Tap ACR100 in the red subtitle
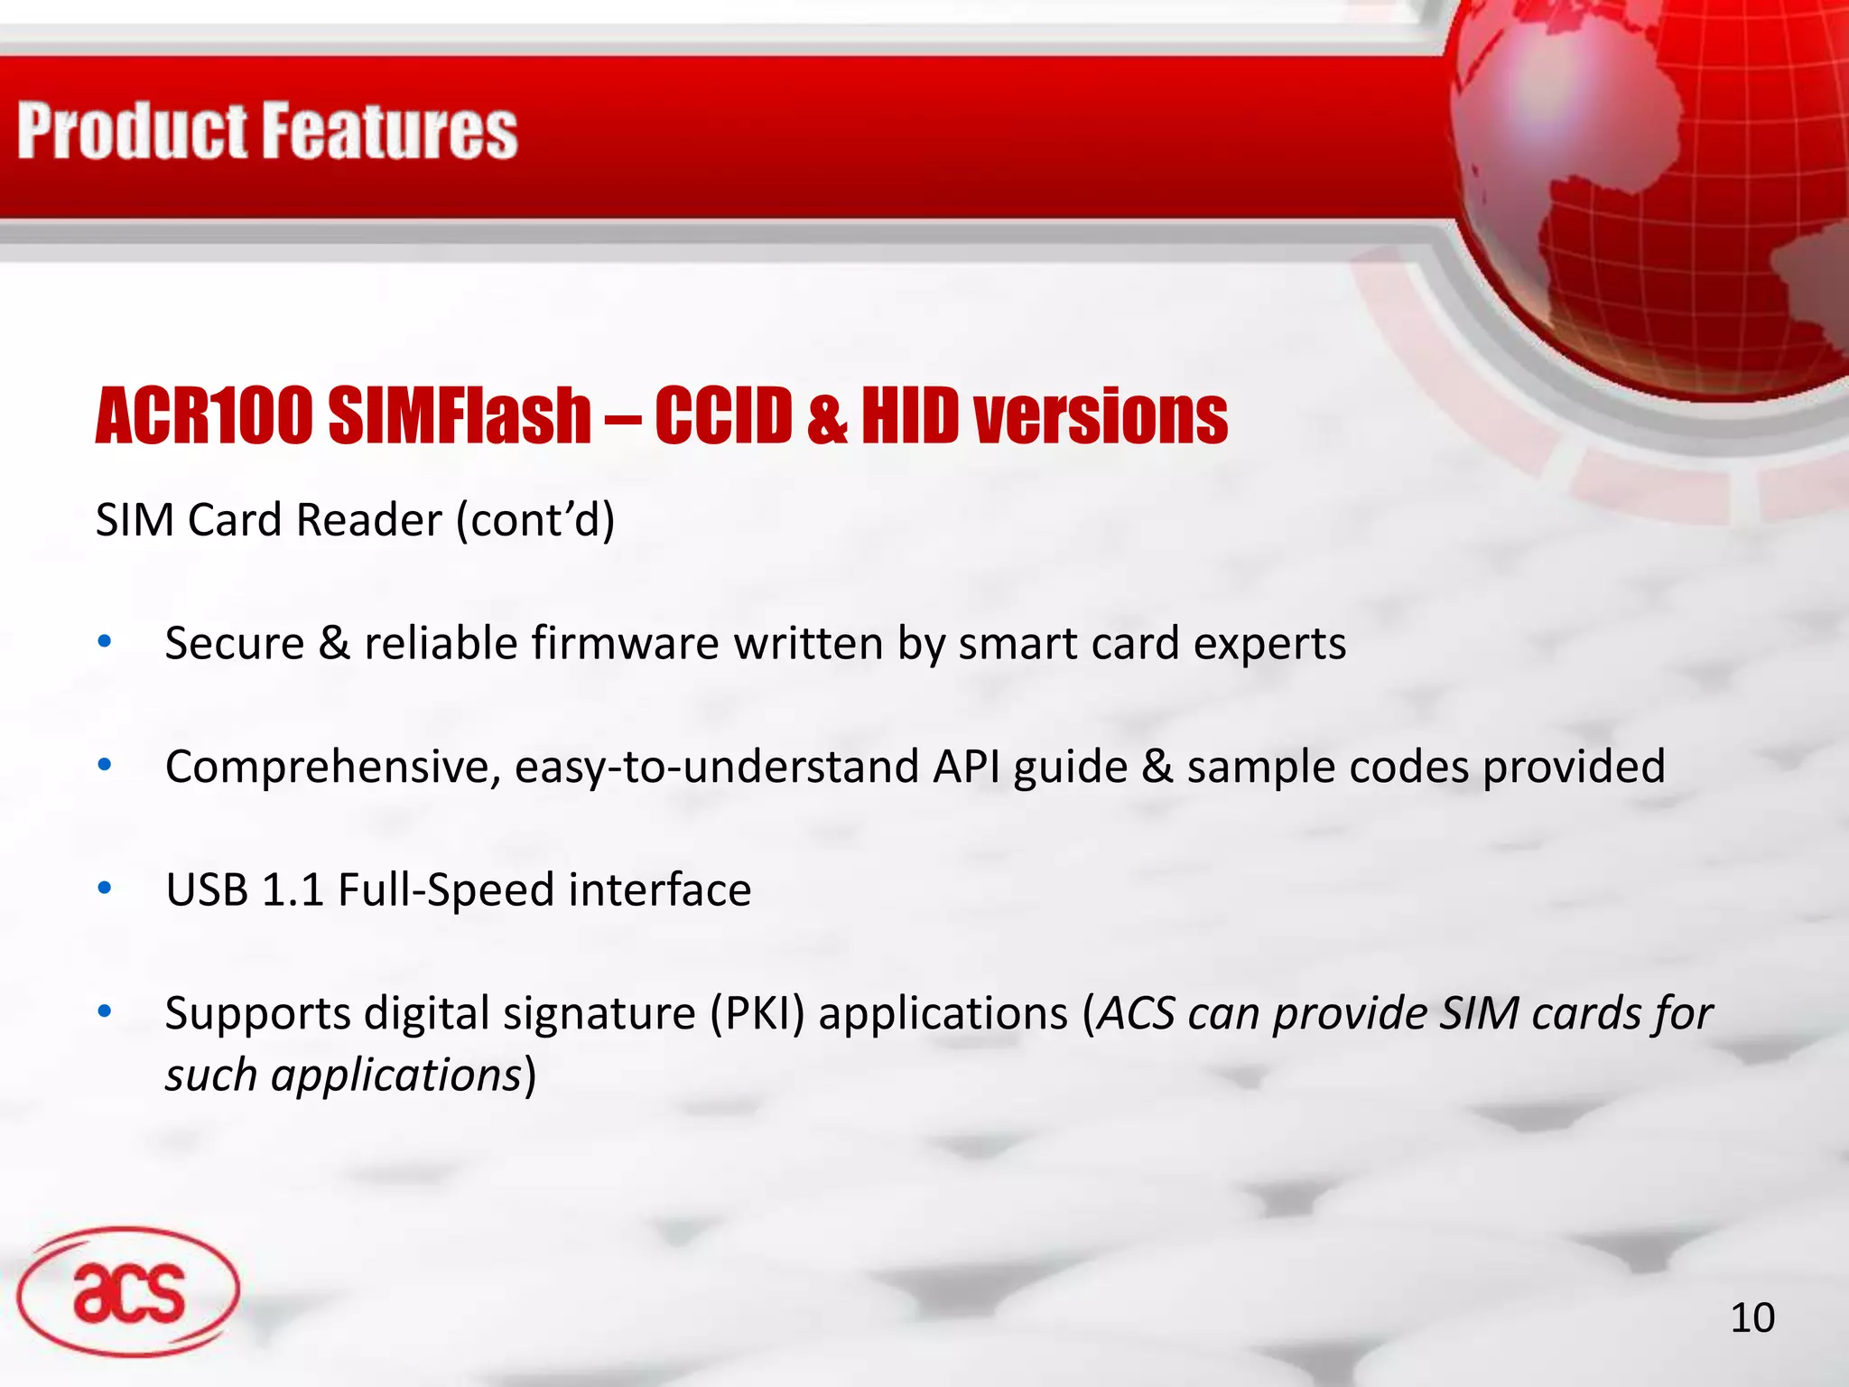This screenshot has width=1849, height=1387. click(x=204, y=416)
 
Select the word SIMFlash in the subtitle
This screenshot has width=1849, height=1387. click(x=460, y=416)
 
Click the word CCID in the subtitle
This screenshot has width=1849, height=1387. click(x=723, y=416)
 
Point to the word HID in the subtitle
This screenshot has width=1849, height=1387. click(x=909, y=416)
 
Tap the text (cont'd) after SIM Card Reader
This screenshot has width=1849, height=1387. click(x=535, y=520)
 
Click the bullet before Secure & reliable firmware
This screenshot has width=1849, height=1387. click(x=105, y=642)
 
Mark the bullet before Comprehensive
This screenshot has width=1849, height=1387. click(x=105, y=766)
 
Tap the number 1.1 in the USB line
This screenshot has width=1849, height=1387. click(x=293, y=890)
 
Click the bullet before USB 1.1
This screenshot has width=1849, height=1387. click(x=105, y=889)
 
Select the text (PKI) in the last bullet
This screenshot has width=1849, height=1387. click(x=757, y=1014)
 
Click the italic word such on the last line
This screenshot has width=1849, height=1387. click(x=210, y=1075)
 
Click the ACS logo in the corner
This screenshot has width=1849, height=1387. click(x=128, y=1291)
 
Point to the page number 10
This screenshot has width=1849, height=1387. click(x=1751, y=1318)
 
